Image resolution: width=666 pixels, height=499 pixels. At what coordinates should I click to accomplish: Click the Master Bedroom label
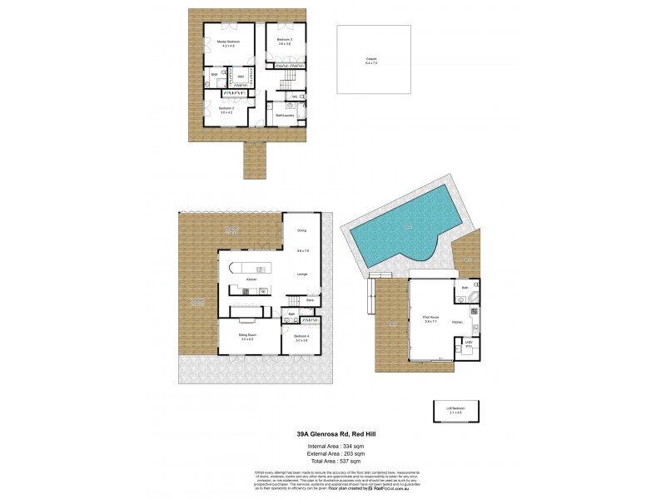[x=229, y=41]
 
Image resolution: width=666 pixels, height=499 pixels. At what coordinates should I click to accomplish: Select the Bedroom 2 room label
[x=226, y=109]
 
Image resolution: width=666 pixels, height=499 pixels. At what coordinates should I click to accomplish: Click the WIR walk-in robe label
[x=240, y=77]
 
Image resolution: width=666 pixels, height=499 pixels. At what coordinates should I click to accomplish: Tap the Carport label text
[x=370, y=59]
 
